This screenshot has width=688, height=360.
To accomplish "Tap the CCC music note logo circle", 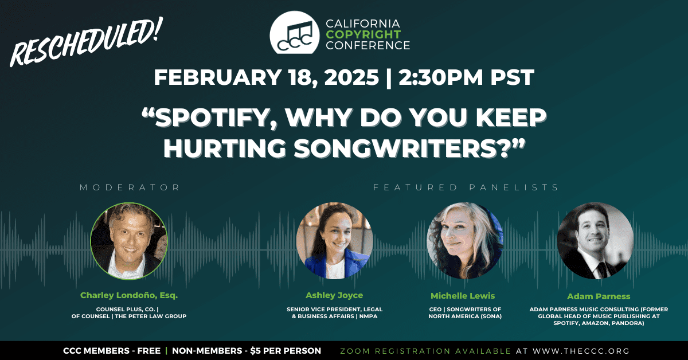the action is tap(295, 33).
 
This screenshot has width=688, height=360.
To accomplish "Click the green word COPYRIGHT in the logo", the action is tap(363, 34).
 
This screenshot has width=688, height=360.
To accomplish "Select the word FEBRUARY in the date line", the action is tap(217, 77).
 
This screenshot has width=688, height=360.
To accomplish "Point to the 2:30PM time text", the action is tap(441, 77).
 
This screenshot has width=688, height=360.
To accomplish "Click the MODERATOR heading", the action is tap(130, 187).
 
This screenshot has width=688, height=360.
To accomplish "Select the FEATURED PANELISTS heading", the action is tap(466, 187).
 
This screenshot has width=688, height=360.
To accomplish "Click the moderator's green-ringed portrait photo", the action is tap(129, 241).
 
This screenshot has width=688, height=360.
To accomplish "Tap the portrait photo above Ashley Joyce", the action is tap(334, 241).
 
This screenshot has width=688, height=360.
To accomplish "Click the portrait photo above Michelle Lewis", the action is tap(465, 241).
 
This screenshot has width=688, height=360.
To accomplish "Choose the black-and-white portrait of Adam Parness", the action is tap(596, 241).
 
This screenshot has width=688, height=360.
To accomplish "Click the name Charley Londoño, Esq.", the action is tap(129, 295).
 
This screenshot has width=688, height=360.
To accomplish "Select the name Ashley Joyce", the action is tap(334, 295).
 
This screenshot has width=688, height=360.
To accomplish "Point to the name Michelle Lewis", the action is tap(463, 296).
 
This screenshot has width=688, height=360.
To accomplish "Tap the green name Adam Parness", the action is tap(599, 296).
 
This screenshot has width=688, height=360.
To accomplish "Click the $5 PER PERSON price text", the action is tap(286, 351).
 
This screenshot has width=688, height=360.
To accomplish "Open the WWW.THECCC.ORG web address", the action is tap(581, 351).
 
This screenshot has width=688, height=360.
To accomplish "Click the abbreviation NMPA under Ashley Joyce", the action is tap(368, 316).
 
